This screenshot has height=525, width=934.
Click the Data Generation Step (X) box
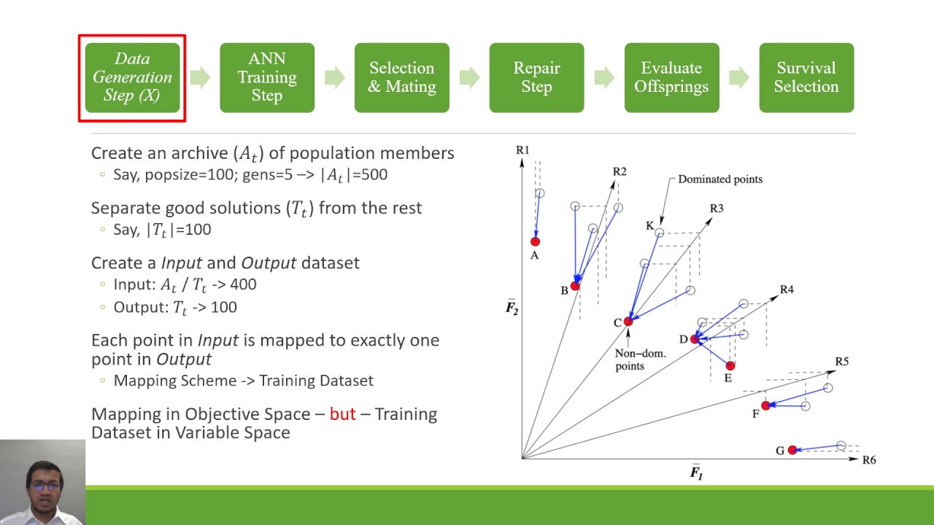click(132, 77)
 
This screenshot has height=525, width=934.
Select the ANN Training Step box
click(267, 77)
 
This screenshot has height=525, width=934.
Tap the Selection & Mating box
click(401, 77)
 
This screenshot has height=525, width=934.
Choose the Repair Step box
click(536, 77)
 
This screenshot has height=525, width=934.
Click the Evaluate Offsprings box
click(671, 77)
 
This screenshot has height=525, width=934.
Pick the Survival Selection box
click(806, 77)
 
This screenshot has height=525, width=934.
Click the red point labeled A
click(535, 241)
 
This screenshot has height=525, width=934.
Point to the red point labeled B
click(575, 286)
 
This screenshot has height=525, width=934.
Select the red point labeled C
click(628, 322)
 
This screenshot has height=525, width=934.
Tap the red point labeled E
click(730, 365)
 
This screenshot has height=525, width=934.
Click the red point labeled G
click(792, 450)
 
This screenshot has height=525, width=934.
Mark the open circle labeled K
click(659, 233)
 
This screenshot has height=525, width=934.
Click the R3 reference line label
click(717, 209)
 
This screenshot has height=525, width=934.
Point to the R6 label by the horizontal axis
click(868, 460)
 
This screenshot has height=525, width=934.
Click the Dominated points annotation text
click(719, 179)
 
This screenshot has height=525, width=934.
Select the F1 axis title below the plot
click(696, 472)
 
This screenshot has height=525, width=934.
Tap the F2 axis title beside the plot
click(512, 308)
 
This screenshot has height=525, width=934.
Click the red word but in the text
click(342, 414)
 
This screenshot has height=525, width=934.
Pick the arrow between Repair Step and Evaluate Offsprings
click(604, 77)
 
